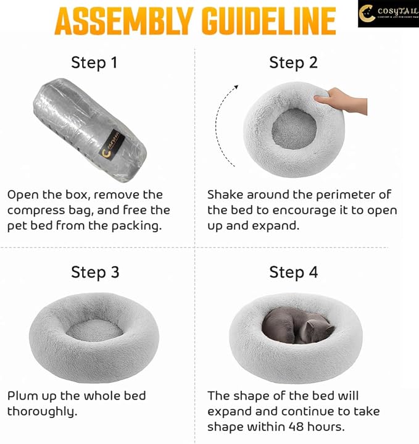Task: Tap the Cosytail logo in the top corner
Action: (388, 14)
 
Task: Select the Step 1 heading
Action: (94, 62)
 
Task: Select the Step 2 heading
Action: (293, 62)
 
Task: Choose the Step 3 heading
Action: (94, 272)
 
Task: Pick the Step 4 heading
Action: (293, 272)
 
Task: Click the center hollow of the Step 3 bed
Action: (94, 330)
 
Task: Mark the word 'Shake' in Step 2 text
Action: (226, 195)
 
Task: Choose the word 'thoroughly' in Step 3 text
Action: (42, 411)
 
